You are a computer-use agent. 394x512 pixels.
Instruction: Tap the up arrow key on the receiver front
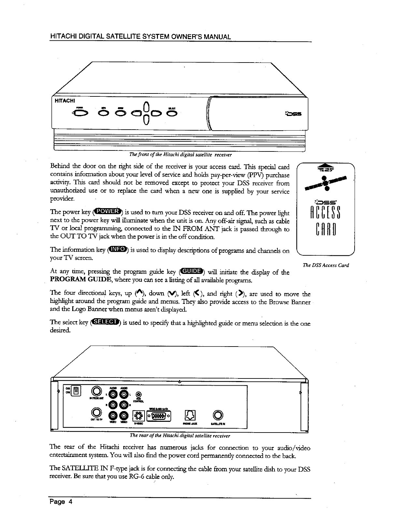click(147, 107)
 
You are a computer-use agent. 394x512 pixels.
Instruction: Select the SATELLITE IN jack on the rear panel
click(218, 415)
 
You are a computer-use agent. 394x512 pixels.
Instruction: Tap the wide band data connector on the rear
click(158, 415)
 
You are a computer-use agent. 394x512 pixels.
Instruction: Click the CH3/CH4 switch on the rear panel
click(75, 391)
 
